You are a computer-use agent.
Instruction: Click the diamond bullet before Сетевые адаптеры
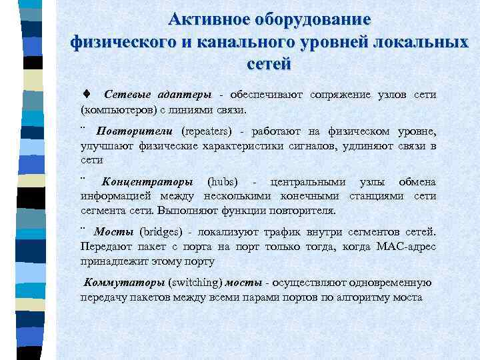(87, 95)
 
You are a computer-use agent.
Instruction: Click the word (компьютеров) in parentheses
(114, 109)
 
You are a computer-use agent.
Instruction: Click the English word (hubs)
(223, 182)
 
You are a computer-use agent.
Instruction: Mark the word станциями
(377, 196)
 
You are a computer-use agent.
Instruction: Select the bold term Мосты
(115, 232)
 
